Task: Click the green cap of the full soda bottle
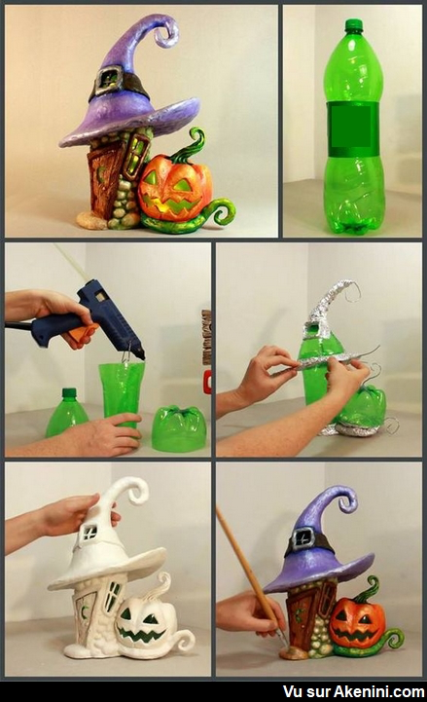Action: click(x=354, y=25)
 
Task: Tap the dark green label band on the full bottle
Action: click(x=353, y=129)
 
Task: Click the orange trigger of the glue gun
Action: click(x=83, y=333)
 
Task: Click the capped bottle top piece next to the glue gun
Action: click(x=67, y=413)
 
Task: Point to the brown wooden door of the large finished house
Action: click(x=104, y=178)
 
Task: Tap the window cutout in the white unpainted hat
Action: click(x=89, y=532)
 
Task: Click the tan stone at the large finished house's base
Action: click(x=91, y=219)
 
